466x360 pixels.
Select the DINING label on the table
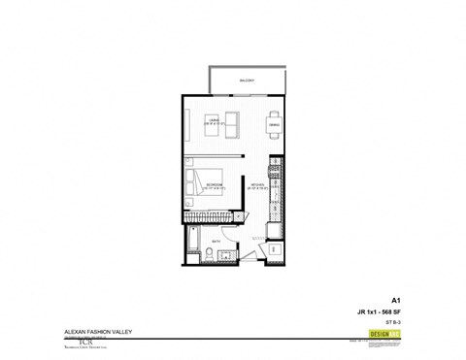(273, 125)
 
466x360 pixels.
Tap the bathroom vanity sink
(224, 256)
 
